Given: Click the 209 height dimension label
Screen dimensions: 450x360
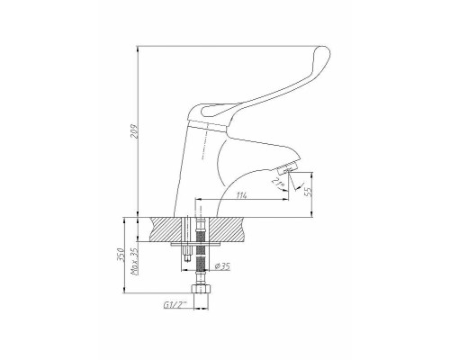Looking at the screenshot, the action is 136,130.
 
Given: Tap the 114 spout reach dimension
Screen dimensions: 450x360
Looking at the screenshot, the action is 242,195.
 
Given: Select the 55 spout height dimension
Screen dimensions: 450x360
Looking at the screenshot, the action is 308,190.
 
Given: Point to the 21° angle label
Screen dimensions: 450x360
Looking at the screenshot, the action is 277,184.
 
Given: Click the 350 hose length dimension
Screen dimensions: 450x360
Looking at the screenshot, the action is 120,255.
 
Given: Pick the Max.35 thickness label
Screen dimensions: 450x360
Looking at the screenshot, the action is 134,262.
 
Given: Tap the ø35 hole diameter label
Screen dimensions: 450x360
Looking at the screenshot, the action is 223,265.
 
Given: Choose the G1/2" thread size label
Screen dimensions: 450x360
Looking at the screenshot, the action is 175,305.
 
